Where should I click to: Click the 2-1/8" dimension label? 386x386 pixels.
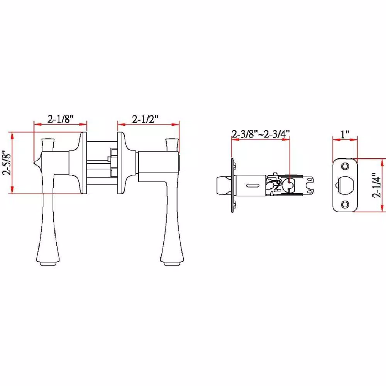pos(60,119)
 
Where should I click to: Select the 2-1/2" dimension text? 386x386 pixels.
pos(145,119)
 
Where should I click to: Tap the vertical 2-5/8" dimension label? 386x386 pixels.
pos(7,163)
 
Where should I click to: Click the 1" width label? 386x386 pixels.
pos(345,134)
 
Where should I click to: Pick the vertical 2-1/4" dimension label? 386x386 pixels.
pos(376,185)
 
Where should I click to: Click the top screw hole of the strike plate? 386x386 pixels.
pos(345,166)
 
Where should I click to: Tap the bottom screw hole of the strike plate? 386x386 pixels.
pos(345,204)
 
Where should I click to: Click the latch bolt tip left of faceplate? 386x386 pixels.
pos(224,185)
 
